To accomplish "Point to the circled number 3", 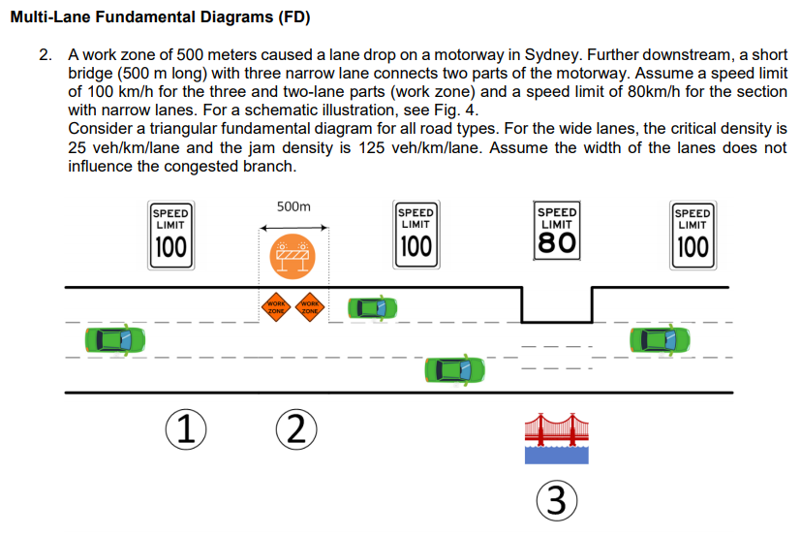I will click(555, 500).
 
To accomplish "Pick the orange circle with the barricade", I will click(293, 257).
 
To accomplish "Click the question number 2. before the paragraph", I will click(46, 56).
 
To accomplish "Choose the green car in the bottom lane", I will click(455, 369).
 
